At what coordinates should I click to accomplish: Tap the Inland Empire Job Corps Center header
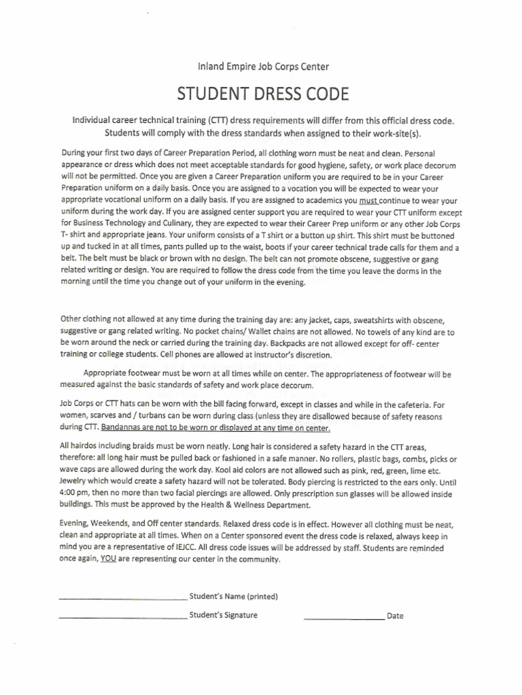(262, 67)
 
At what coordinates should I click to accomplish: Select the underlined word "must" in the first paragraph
(368, 201)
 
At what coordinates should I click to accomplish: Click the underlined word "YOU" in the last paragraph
(107, 559)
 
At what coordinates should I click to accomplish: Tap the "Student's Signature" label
(223, 616)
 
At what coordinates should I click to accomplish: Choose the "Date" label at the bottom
(394, 616)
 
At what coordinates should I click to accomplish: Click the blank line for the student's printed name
(123, 599)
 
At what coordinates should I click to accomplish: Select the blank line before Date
(343, 618)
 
